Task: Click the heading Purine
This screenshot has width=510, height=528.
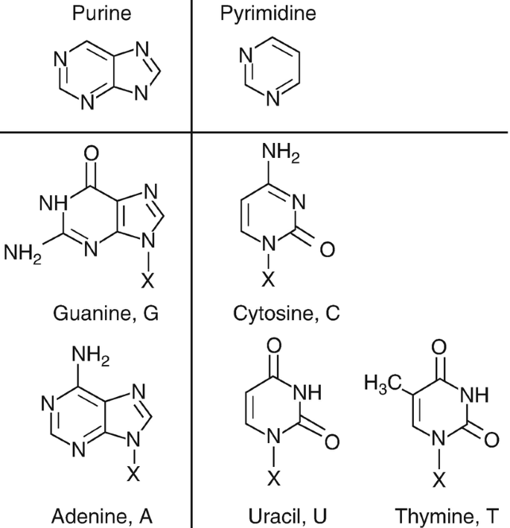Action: click(101, 13)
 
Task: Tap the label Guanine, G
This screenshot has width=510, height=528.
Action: click(106, 314)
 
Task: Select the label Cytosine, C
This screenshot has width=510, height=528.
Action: click(286, 314)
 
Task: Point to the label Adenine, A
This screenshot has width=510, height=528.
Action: click(102, 515)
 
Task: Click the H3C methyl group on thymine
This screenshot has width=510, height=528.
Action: click(383, 385)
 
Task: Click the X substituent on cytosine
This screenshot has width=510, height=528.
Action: click(270, 279)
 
